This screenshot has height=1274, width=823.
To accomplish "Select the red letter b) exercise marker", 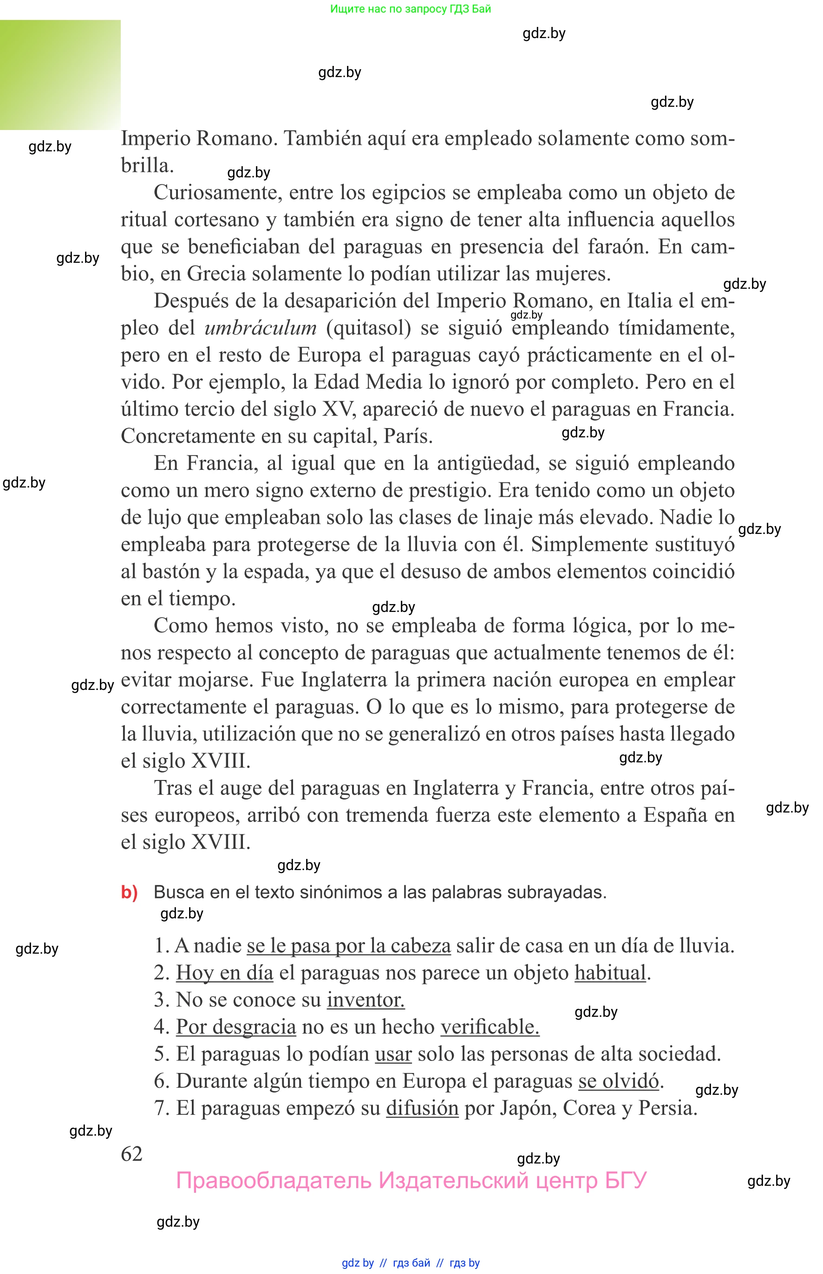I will (129, 892).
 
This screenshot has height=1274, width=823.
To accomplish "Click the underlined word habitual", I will (610, 972).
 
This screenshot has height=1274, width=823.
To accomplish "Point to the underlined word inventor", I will (366, 1000).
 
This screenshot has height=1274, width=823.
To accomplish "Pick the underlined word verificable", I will (490, 1027).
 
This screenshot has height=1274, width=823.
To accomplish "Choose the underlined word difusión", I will (422, 1108).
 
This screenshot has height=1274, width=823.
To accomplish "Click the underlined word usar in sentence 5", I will (393, 1053).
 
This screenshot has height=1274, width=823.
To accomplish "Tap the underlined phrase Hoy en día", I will (224, 972).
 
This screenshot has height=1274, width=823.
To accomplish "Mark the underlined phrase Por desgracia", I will (235, 1027).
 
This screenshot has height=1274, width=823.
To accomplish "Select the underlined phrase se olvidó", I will (619, 1081).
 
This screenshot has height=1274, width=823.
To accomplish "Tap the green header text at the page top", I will (411, 8).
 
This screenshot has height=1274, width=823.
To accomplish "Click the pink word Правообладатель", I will (274, 1181).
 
